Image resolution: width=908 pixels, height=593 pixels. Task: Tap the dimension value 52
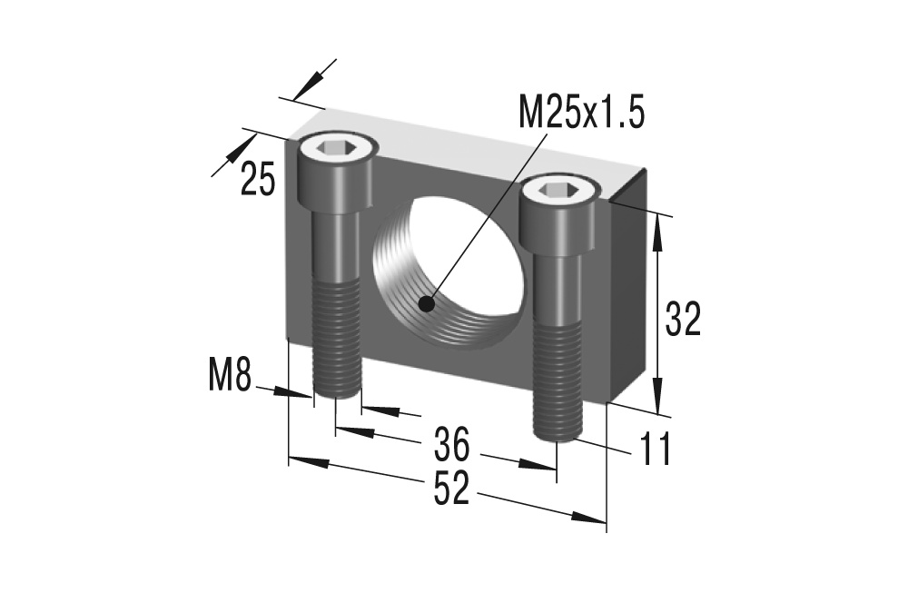coord(450,489)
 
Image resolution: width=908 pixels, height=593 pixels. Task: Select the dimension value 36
coord(450,445)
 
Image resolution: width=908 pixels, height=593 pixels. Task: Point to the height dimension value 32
coord(683,320)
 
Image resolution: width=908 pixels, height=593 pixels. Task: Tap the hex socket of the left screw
coord(333,145)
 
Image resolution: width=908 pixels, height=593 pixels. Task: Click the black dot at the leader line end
coord(426,304)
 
